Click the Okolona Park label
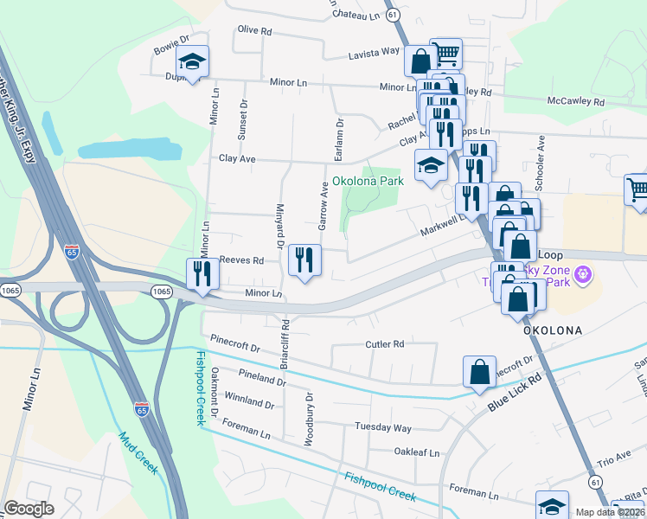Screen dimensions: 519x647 pos(368,183)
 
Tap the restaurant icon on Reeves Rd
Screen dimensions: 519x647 pos(304,260)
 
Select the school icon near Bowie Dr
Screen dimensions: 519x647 pos(192,62)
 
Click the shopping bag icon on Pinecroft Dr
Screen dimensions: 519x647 pos(480,372)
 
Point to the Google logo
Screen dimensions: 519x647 pos(29,509)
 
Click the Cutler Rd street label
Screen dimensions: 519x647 pos(385,344)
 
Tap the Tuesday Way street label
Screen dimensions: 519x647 pos(383,427)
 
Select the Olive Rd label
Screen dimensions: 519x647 pos(254,30)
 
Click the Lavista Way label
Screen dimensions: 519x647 pos(374,54)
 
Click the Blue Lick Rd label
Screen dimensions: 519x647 pos(514,391)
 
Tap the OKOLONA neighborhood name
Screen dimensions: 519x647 pos(551,330)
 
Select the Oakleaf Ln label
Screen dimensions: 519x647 pos(417,452)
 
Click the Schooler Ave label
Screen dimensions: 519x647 pos(541,156)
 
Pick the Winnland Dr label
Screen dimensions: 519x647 pos(249,404)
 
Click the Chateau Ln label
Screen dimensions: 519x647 pos(356,16)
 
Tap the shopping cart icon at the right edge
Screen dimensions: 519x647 pos(637,192)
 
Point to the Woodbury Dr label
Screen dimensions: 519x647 pos(308,418)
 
